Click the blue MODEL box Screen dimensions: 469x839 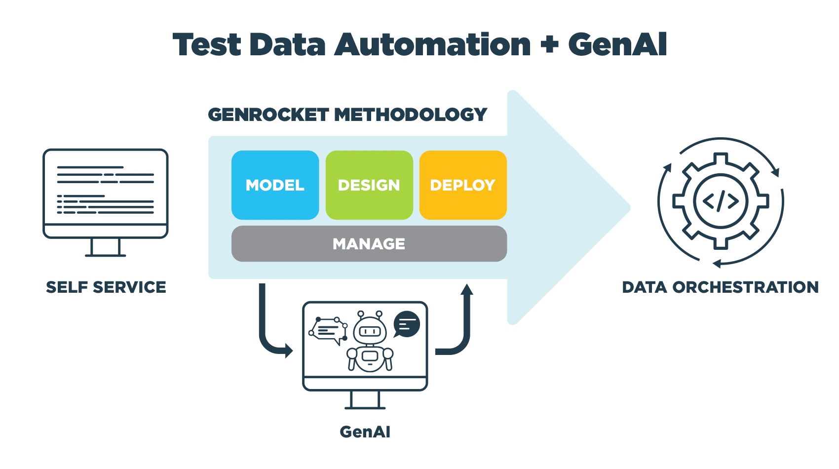[275, 185]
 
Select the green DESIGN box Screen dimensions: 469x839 [369, 185]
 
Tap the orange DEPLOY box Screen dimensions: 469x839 [462, 185]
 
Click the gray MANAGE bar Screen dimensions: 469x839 [369, 243]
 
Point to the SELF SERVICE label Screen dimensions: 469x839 [106, 287]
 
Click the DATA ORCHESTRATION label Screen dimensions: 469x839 [720, 287]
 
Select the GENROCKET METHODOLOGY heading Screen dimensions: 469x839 [347, 115]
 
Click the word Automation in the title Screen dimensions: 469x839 [432, 44]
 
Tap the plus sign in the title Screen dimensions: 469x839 [549, 44]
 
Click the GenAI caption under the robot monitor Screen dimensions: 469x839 [365, 432]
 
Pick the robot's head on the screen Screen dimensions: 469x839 [370, 330]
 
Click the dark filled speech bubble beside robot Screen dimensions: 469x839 [407, 324]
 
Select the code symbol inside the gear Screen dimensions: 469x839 [721, 201]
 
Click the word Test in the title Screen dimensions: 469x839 [207, 44]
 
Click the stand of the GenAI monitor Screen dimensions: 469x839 [365, 400]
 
